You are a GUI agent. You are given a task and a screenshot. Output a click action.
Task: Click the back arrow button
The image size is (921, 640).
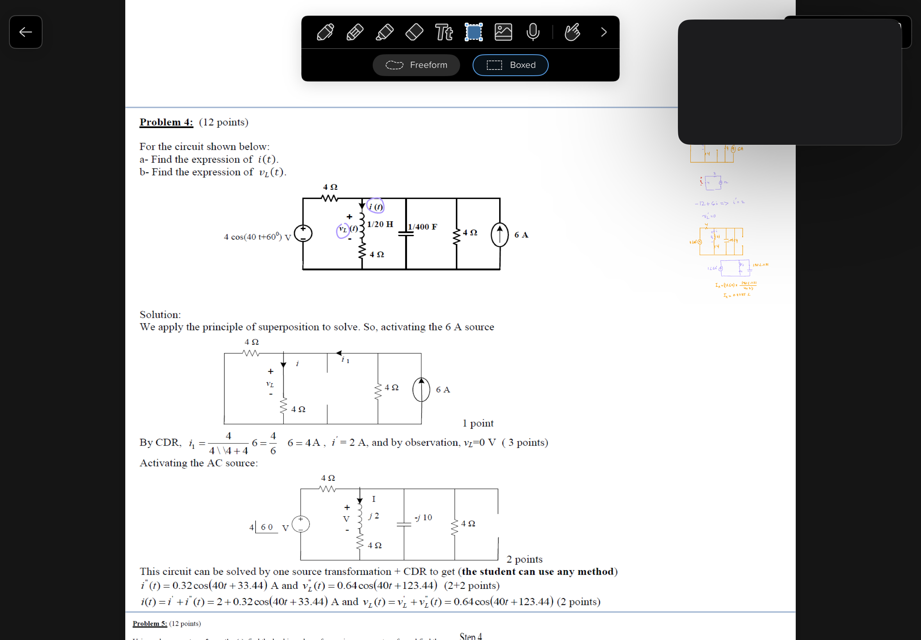26,32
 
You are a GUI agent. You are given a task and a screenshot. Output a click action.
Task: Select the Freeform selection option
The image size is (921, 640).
416,65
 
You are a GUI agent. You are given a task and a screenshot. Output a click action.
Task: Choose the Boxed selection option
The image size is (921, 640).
510,65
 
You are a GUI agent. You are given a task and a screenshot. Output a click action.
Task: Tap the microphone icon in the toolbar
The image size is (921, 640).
532,32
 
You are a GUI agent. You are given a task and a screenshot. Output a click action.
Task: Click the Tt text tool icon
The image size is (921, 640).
444,32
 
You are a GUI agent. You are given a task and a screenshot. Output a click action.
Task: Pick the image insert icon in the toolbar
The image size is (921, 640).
503,32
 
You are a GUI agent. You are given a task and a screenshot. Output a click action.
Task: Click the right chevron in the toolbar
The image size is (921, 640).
603,32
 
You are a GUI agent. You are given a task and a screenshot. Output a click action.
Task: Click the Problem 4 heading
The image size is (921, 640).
166,122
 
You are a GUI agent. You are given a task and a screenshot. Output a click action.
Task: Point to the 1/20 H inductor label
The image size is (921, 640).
380,224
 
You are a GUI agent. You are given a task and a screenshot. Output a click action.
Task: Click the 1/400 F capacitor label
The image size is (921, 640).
422,227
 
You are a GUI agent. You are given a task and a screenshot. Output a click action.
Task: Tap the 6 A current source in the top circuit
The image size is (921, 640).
500,235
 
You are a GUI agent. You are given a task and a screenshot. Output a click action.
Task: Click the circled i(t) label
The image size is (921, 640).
376,206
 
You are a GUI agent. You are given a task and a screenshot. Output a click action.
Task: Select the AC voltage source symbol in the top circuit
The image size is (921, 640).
303,233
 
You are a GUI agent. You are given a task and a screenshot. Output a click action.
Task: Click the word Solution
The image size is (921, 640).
160,315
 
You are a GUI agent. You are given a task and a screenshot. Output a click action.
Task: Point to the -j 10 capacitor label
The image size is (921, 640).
423,517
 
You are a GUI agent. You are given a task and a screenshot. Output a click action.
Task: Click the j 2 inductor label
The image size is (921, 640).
374,516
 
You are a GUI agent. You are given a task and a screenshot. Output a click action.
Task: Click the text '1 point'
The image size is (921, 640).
478,423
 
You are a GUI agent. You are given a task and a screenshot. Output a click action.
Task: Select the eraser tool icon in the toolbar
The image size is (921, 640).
414,32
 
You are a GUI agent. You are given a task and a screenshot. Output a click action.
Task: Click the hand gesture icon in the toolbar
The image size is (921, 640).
572,32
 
